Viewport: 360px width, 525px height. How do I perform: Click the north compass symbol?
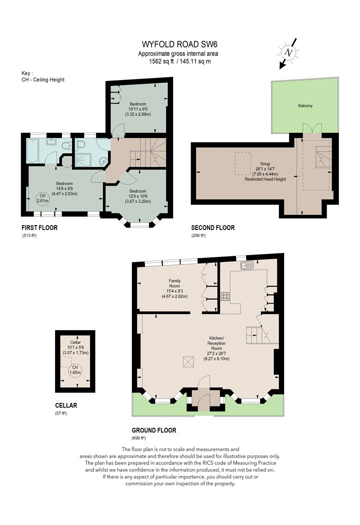(x=287, y=53)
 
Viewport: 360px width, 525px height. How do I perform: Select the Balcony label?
(x=305, y=105)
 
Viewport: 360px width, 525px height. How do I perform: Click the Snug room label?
(x=265, y=163)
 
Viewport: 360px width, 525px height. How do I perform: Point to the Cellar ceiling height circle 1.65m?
(x=75, y=370)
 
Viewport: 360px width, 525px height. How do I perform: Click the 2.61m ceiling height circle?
(x=42, y=198)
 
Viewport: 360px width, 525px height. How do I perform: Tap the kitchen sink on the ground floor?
(x=246, y=265)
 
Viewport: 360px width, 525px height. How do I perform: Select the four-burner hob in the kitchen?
(x=225, y=296)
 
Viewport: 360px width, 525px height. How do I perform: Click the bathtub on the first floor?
(x=36, y=150)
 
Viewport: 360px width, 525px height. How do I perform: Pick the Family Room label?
(x=174, y=283)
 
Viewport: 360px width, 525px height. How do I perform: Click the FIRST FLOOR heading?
(x=39, y=227)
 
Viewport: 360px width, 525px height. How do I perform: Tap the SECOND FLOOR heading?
(x=212, y=227)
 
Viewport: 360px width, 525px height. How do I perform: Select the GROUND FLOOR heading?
(x=154, y=430)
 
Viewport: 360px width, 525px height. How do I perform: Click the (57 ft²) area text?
(x=61, y=413)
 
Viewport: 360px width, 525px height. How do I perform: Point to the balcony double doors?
(x=312, y=129)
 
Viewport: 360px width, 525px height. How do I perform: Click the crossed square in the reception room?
(x=188, y=362)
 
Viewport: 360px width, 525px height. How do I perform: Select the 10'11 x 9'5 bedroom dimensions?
(x=137, y=109)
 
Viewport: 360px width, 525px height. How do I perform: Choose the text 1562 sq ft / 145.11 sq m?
(x=179, y=61)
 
